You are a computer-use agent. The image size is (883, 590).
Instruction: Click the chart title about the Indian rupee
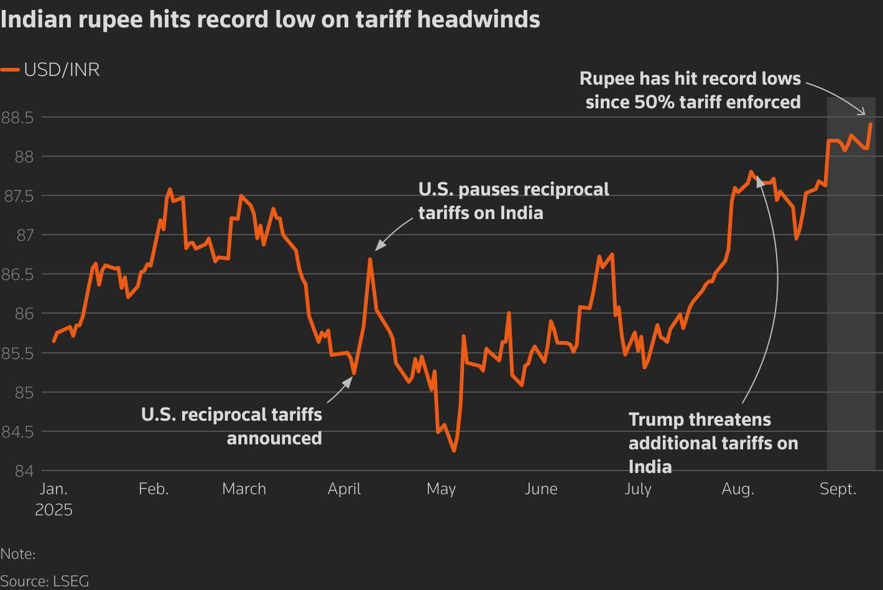pos(270,20)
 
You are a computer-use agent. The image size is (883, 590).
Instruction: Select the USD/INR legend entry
pos(50,70)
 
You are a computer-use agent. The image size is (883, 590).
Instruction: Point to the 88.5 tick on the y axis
pos(17,117)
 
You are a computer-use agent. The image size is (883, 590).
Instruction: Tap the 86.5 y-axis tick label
pos(17,274)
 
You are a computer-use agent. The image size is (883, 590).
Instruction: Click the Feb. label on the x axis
pos(154,489)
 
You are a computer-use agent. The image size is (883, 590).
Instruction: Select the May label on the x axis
pos(441,489)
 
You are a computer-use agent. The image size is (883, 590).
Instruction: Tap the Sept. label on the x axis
pos(838,489)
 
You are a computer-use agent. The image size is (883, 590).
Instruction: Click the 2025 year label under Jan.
pos(53,510)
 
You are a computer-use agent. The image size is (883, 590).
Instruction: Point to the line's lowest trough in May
pos(453,451)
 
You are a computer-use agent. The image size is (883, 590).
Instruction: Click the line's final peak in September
pos(870,124)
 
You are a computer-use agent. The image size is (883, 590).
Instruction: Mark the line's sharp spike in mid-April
pos(370,260)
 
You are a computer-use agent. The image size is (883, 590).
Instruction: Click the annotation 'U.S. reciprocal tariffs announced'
pos(231,426)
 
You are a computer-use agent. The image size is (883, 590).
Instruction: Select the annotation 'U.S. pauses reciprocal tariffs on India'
pos(514,201)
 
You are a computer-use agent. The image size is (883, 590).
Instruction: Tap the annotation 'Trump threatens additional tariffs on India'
pos(713,443)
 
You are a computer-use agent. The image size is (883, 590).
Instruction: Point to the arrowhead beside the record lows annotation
pos(862,111)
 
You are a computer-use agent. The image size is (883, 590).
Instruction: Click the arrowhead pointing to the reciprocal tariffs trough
pos(348,379)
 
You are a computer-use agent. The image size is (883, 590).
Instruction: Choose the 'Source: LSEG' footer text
pos(45,581)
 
